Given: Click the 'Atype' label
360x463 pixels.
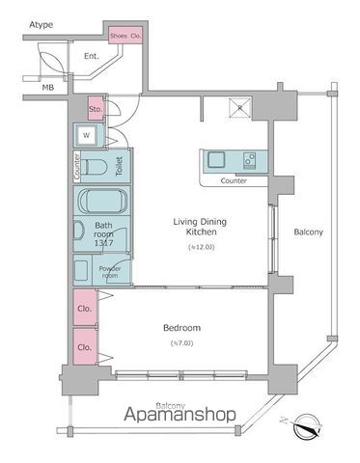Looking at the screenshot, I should (41, 23).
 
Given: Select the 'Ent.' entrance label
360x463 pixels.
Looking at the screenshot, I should (93, 57).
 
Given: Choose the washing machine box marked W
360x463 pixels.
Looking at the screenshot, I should (87, 136).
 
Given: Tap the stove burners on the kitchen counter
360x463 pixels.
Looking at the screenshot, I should (247, 159).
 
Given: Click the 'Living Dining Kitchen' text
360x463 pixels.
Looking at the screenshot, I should (201, 228).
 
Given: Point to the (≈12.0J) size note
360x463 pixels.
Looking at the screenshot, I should (201, 248).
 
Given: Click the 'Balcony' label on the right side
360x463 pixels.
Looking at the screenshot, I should (308, 232).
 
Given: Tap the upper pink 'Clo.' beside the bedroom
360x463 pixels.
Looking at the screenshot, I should (84, 310).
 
